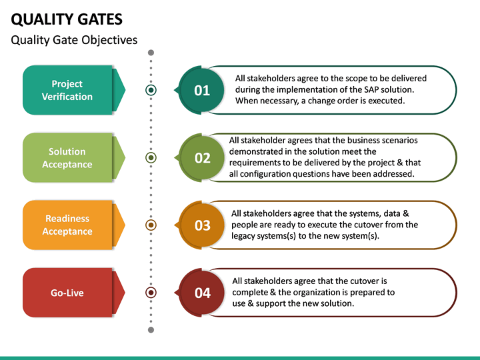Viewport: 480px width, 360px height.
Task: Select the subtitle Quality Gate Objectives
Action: pyautogui.click(x=74, y=40)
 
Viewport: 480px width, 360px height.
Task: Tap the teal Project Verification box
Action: pyautogui.click(x=67, y=90)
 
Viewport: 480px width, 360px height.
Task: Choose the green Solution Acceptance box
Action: pyautogui.click(x=67, y=158)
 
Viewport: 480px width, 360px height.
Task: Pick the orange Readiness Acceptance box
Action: pyautogui.click(x=67, y=225)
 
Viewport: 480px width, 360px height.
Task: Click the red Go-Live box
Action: pyautogui.click(x=67, y=293)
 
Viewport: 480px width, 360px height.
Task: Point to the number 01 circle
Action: pyautogui.click(x=202, y=91)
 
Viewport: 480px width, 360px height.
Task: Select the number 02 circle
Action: pyautogui.click(x=202, y=158)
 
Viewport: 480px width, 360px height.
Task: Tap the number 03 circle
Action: pyautogui.click(x=202, y=225)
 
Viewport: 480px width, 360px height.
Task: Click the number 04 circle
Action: pyautogui.click(x=202, y=293)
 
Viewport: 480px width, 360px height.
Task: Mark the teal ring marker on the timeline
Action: pyautogui.click(x=151, y=90)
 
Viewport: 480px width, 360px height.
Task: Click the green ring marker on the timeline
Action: pyautogui.click(x=151, y=158)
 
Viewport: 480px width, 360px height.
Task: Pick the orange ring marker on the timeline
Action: pyautogui.click(x=151, y=225)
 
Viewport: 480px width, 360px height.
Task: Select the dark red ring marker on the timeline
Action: pyautogui.click(x=151, y=293)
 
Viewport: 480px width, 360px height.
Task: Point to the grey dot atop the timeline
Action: pyautogui.click(x=151, y=52)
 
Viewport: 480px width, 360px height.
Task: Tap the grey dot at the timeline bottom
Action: pyautogui.click(x=151, y=329)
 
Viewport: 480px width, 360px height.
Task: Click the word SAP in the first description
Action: pyautogui.click(x=371, y=89)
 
